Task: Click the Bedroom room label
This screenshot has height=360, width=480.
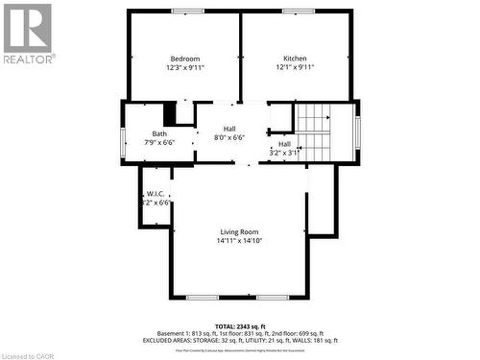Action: point(185,59)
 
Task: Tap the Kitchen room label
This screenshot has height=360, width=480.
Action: point(295,59)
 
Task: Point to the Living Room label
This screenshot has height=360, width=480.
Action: point(239,231)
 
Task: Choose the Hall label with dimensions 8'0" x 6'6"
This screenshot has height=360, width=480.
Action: point(229,129)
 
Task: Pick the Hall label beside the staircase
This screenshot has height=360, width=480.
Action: point(285,143)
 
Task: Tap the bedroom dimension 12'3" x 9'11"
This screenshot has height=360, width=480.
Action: point(185,67)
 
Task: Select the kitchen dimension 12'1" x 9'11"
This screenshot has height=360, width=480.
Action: point(295,67)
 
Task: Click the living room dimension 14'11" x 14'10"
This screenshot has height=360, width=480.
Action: point(240,240)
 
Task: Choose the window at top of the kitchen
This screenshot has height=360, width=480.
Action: point(299,12)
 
